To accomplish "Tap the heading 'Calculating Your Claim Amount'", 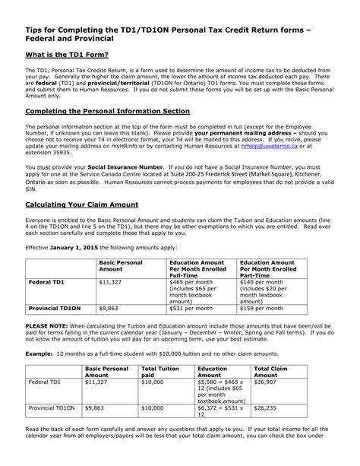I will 83,205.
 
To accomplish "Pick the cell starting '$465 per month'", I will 189,284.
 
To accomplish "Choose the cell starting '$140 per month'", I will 263,284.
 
